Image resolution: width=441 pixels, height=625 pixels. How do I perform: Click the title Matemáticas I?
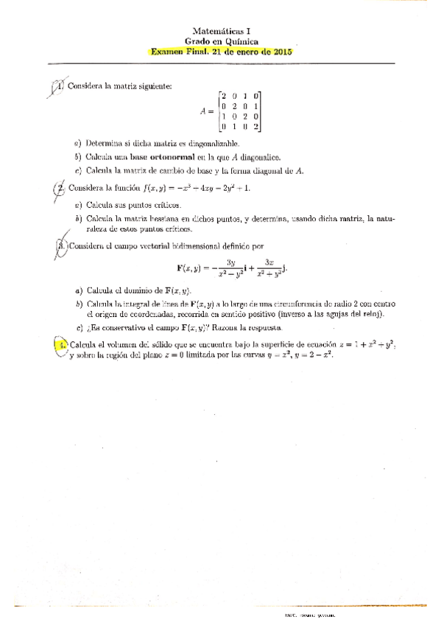(221, 32)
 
